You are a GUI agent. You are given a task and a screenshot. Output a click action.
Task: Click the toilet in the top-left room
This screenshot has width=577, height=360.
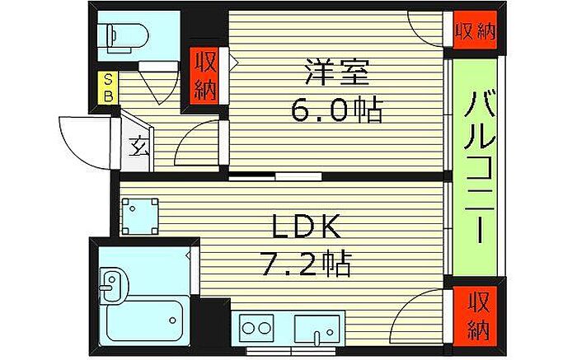[127, 37]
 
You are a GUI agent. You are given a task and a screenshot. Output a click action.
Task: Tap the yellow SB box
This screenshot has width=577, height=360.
[108, 88]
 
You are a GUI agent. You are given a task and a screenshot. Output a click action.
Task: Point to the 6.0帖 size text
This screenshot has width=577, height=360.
[336, 110]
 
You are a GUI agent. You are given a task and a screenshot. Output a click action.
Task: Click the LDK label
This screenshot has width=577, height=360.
[306, 227]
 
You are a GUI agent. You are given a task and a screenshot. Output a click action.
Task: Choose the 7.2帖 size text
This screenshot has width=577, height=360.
[306, 264]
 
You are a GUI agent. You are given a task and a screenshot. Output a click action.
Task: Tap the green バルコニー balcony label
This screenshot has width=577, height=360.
[480, 167]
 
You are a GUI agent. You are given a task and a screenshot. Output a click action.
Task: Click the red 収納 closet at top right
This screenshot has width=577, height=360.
[475, 30]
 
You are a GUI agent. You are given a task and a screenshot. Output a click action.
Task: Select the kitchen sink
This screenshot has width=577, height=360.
[317, 330]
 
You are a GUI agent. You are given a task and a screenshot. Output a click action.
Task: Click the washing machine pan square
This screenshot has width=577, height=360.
[140, 217]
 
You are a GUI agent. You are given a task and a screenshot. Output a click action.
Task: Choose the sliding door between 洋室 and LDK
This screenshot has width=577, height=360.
[275, 177]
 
